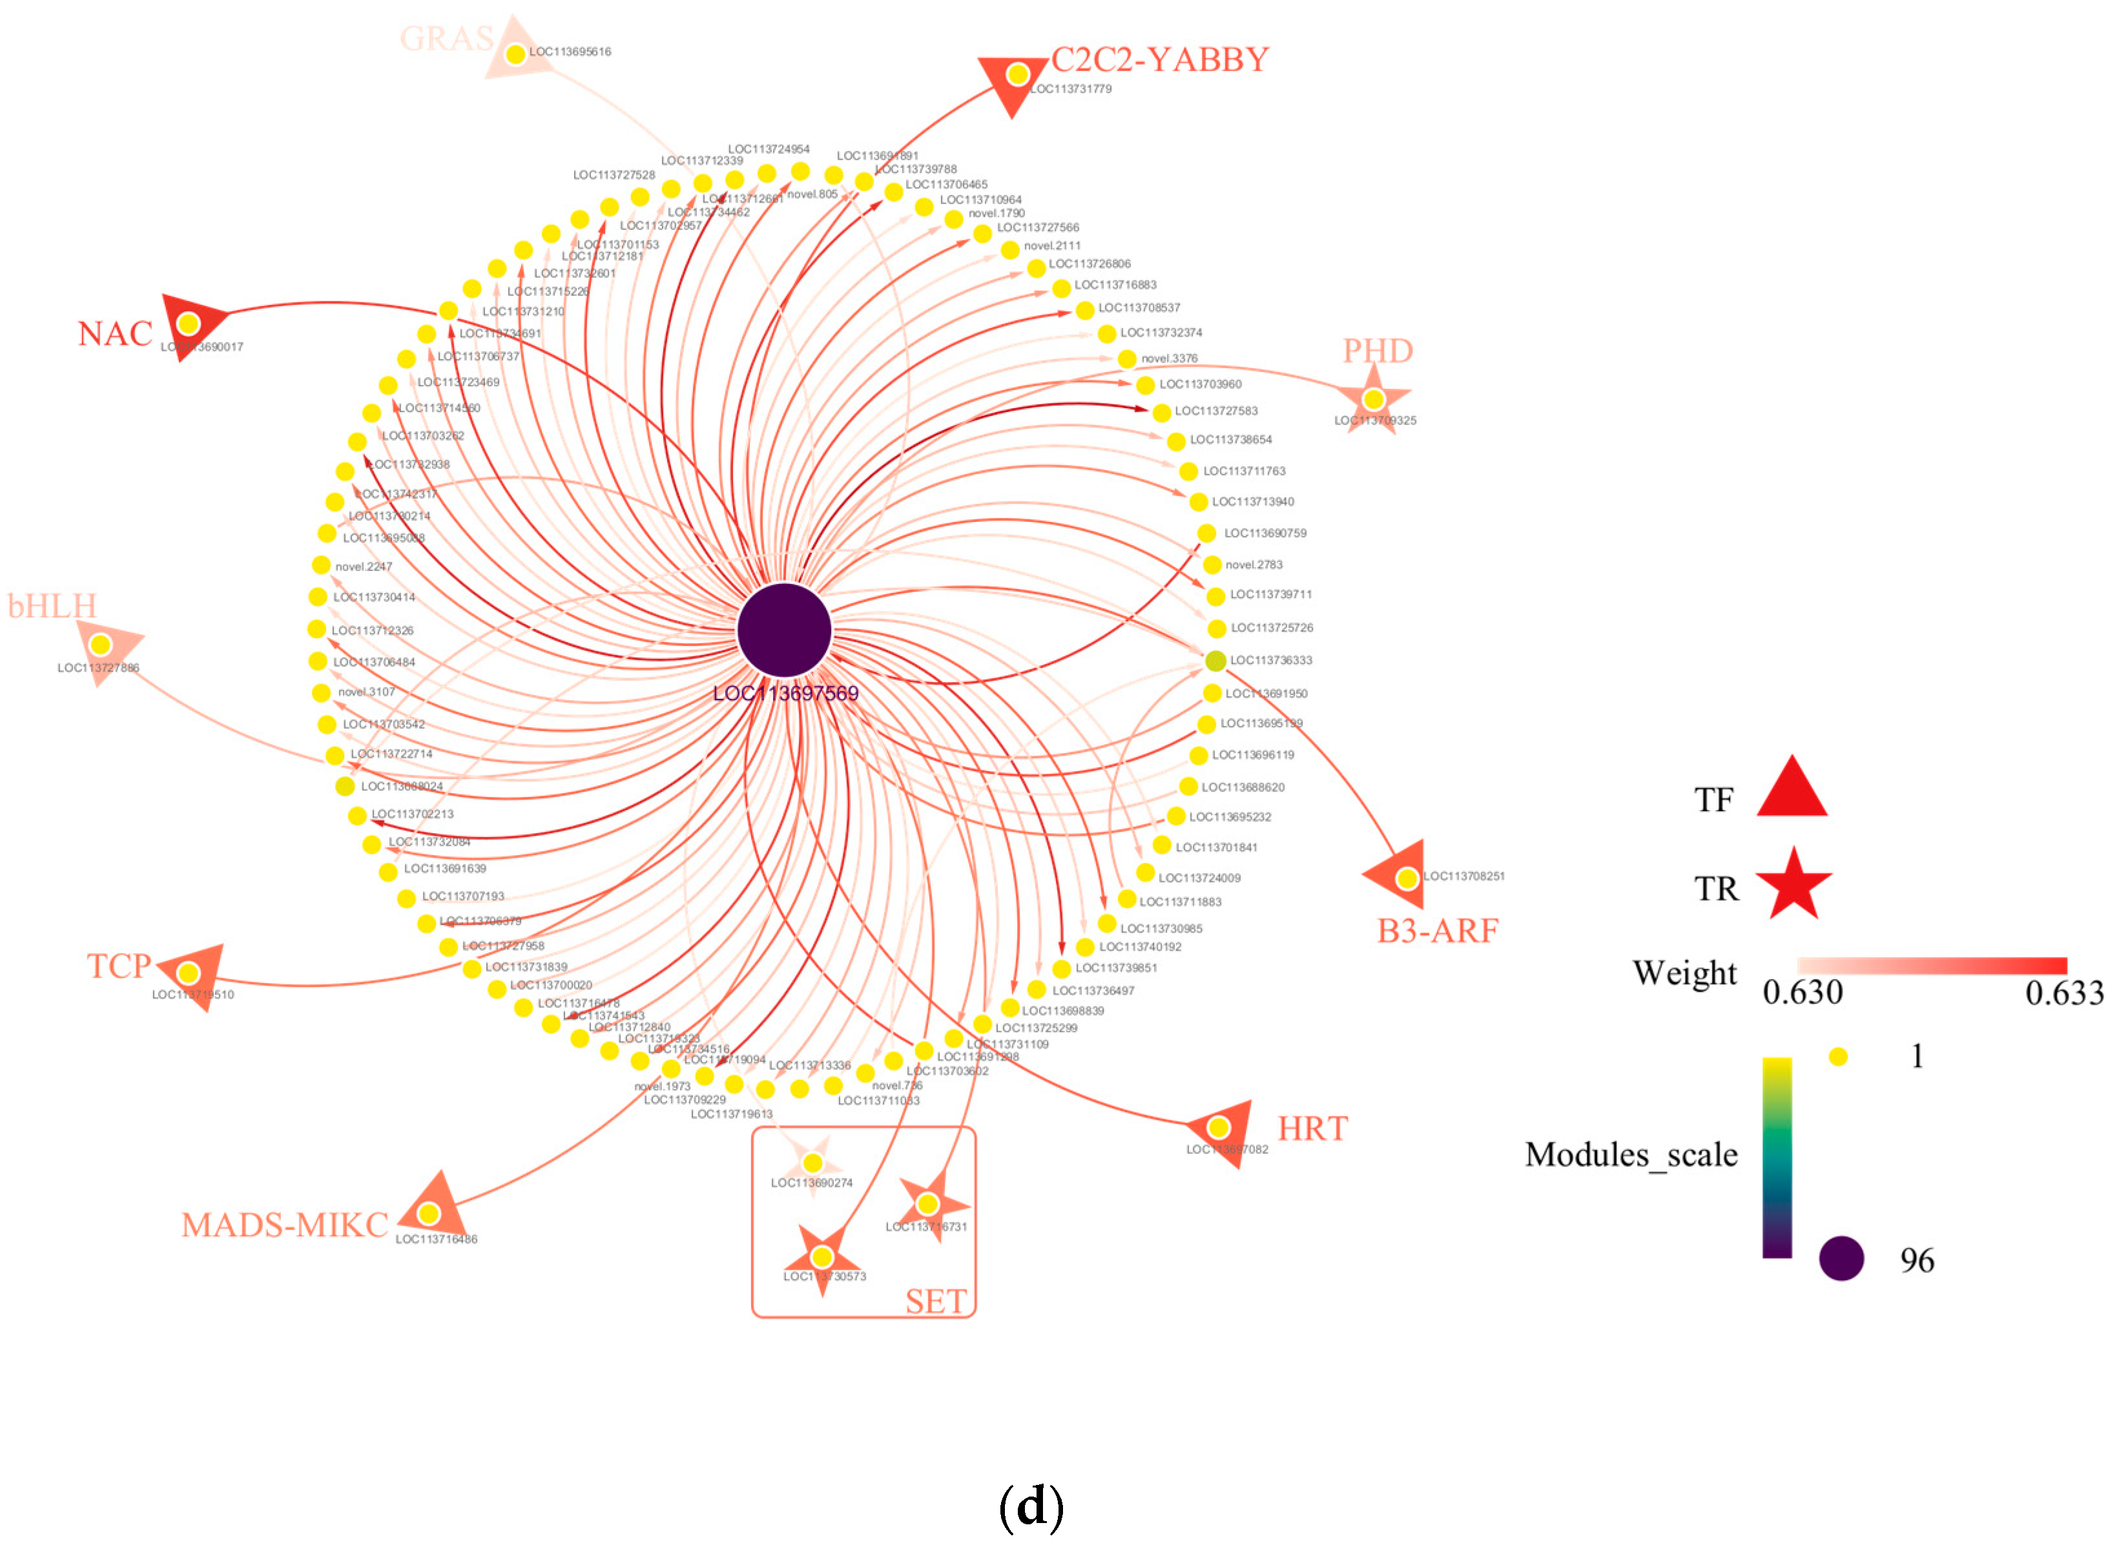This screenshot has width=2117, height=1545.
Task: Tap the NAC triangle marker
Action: [x=190, y=324]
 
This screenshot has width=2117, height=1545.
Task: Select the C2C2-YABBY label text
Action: [x=1159, y=60]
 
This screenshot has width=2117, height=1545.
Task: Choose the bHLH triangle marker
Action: [x=103, y=645]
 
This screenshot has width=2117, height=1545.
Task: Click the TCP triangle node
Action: [x=190, y=973]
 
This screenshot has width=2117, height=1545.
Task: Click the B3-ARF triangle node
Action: [x=1403, y=877]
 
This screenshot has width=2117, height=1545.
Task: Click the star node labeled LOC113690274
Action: [x=812, y=1163]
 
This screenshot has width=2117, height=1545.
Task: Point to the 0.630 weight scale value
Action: [x=1802, y=992]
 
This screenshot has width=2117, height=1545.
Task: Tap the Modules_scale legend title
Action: [x=1631, y=1155]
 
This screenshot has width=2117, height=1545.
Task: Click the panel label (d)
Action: [x=1031, y=1506]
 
